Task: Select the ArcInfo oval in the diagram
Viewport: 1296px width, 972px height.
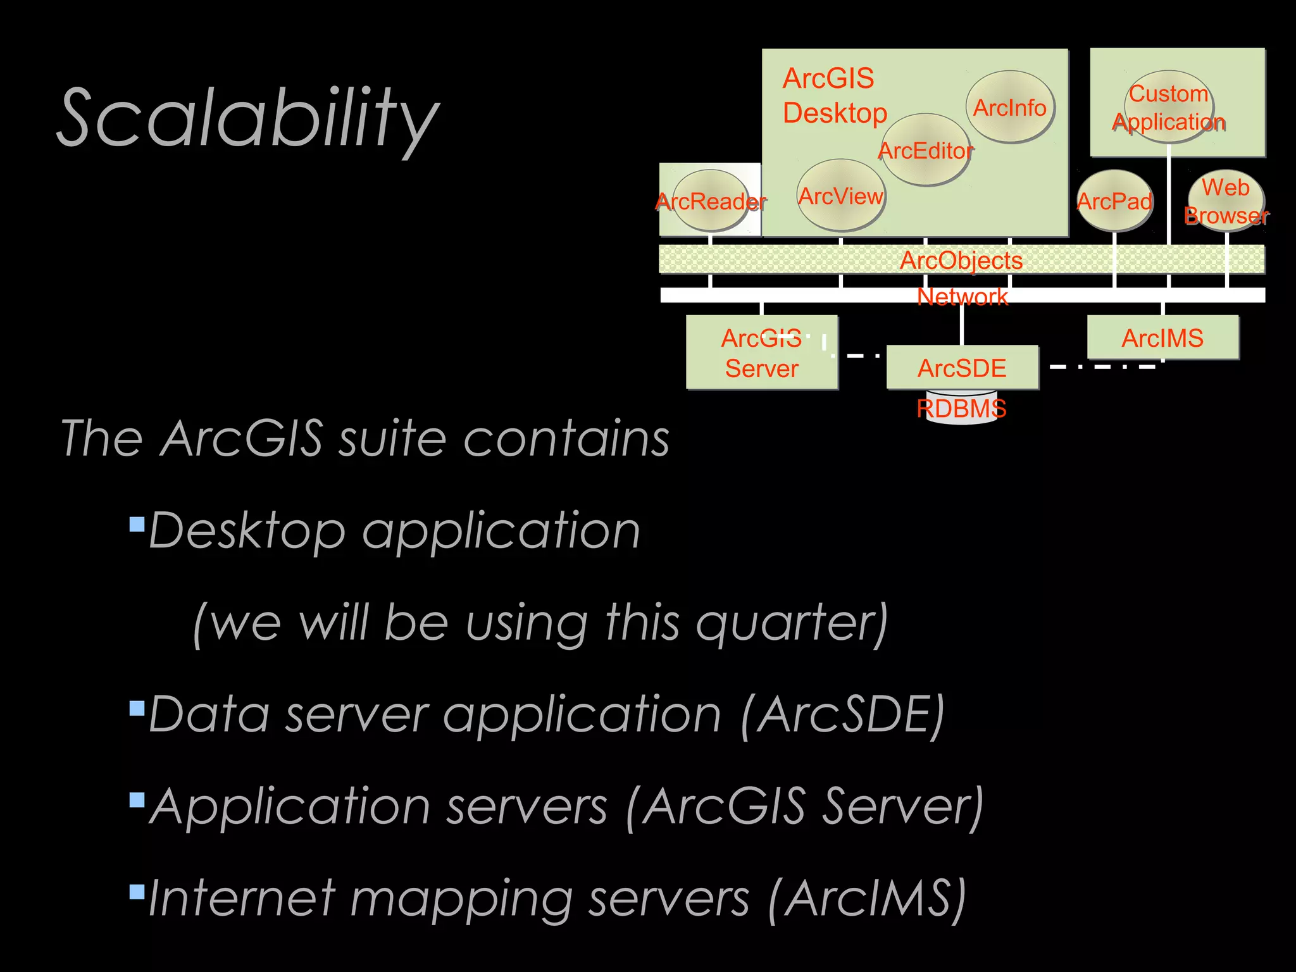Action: coord(1009,107)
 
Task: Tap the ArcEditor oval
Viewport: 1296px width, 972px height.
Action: coord(925,150)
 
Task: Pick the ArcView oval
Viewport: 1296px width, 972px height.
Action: coord(840,196)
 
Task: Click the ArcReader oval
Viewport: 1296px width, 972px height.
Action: coord(711,201)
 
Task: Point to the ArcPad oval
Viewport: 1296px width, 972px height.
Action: coord(1114,201)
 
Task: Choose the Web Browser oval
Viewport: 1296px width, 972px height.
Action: coord(1226,201)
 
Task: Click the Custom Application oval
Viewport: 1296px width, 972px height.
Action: coord(1169,107)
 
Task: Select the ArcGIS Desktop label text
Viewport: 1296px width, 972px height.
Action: coord(834,96)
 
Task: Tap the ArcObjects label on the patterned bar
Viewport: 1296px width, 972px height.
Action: coord(961,260)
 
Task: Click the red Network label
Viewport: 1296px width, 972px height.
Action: coord(962,296)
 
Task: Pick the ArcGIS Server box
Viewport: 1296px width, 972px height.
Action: coord(762,352)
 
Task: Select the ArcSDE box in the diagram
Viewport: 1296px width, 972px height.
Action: coord(962,368)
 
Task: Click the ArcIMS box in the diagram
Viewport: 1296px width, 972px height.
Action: coord(1162,338)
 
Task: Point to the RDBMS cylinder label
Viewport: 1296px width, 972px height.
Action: coord(961,408)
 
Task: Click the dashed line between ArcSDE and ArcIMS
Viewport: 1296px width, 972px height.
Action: coord(1101,366)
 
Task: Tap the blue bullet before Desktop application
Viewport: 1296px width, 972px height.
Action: coord(137,523)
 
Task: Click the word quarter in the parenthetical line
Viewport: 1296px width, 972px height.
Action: coord(791,623)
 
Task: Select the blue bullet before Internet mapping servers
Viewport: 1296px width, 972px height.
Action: coord(137,892)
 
